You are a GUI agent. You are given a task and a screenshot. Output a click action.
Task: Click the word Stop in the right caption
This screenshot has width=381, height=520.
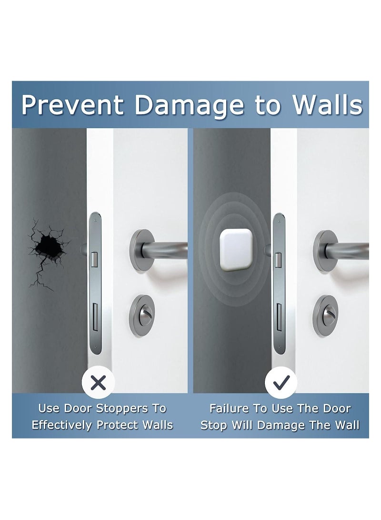pyautogui.click(x=214, y=425)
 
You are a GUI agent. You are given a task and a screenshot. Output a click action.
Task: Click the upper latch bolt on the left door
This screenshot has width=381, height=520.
pyautogui.click(x=93, y=258)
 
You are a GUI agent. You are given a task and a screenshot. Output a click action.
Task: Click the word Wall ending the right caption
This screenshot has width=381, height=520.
pyautogui.click(x=344, y=425)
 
